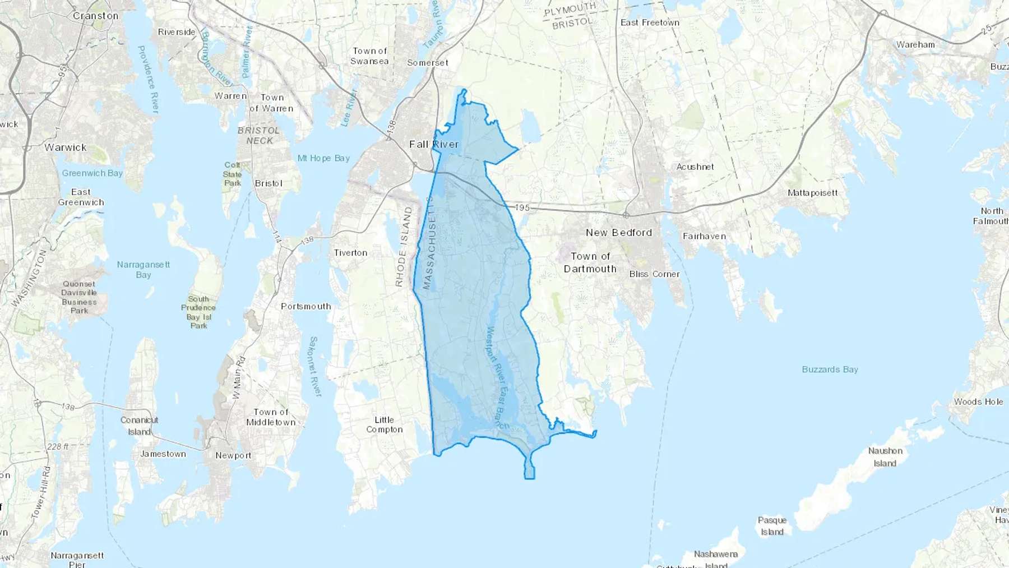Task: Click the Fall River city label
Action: (x=433, y=144)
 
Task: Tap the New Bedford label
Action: (x=619, y=232)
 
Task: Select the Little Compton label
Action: (x=384, y=424)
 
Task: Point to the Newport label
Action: (x=233, y=455)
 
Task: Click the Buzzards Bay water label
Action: (x=830, y=369)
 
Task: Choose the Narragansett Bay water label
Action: (x=144, y=269)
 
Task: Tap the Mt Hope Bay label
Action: (x=323, y=158)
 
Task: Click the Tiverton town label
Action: (x=350, y=253)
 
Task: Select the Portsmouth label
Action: (x=306, y=306)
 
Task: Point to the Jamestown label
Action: (x=163, y=454)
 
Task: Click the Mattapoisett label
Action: (x=812, y=193)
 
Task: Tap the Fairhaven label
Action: (x=704, y=236)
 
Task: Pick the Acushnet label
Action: (x=695, y=167)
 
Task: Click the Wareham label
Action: (x=915, y=44)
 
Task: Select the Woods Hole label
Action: (x=978, y=401)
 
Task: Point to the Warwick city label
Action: (x=66, y=147)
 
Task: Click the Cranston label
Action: (x=95, y=16)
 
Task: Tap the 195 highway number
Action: (x=522, y=207)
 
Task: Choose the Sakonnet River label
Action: (x=314, y=367)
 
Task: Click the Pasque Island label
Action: (x=772, y=526)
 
